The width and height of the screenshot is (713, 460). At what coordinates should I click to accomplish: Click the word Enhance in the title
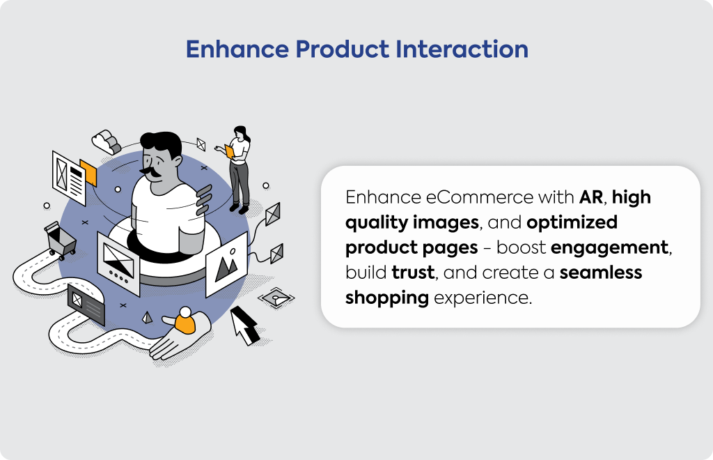coord(237,49)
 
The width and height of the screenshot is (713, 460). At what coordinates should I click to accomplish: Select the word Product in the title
coord(343,49)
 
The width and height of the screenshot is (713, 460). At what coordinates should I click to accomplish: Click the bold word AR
coord(591,197)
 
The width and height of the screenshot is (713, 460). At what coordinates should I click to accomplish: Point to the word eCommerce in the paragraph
coord(479,197)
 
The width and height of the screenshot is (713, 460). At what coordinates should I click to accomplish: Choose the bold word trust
coord(414,273)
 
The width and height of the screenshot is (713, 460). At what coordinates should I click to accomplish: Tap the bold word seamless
coord(601,273)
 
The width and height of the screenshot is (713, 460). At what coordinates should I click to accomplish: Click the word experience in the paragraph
coord(482,298)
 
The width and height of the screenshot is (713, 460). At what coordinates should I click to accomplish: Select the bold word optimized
coord(572,223)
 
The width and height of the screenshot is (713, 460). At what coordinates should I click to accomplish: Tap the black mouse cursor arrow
coord(244,325)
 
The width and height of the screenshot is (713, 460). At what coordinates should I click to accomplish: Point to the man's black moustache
coord(152,171)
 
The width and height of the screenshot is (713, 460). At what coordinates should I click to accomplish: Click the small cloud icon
coord(107,141)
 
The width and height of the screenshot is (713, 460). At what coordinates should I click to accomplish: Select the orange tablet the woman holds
coord(229,151)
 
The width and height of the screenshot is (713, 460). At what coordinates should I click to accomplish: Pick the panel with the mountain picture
coord(226,264)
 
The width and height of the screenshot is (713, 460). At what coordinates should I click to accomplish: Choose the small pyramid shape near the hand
coord(147,317)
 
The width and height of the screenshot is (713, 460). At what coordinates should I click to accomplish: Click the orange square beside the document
coord(88,172)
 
